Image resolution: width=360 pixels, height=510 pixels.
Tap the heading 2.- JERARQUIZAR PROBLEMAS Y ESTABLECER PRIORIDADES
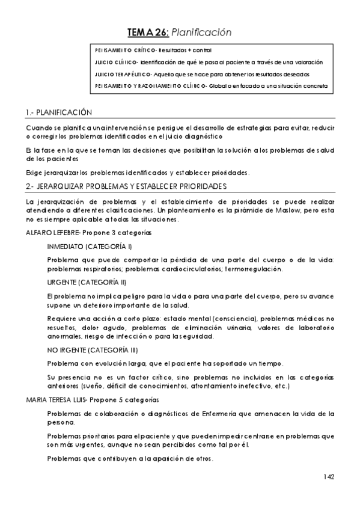click(x=126, y=186)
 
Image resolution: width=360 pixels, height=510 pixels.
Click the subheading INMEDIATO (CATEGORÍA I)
click(x=90, y=247)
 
